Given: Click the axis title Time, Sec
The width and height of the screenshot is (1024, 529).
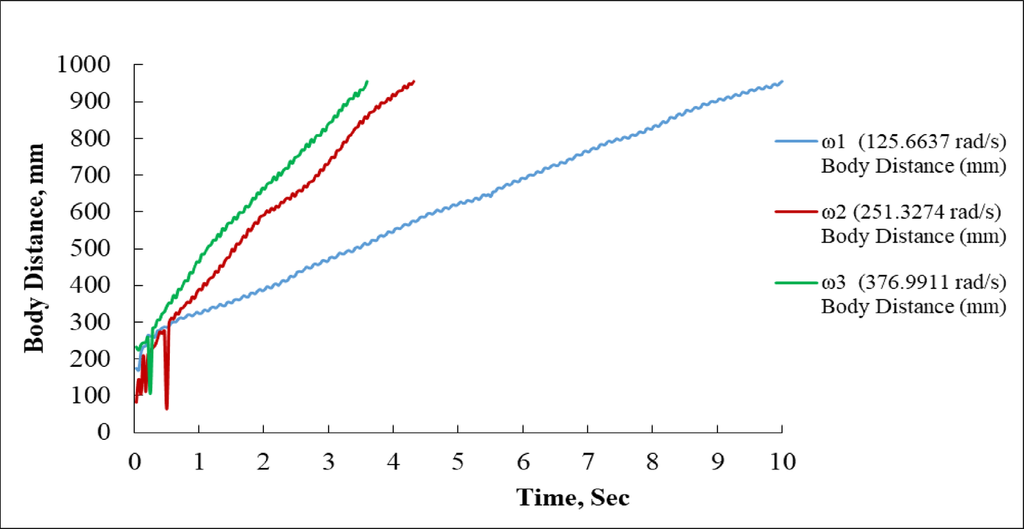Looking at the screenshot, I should (573, 497).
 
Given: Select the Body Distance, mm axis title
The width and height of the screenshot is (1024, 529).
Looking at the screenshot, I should (34, 248).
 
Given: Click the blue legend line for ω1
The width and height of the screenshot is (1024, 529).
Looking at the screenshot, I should (794, 141).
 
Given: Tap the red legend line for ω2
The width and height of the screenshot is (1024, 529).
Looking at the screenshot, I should (794, 211).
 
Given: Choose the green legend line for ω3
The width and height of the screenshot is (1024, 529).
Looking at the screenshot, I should (794, 282).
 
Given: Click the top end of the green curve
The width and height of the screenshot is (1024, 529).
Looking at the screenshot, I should (367, 81).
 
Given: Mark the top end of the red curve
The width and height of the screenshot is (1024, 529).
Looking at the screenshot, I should (414, 81).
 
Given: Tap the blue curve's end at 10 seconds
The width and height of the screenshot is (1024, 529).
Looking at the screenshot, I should (782, 81).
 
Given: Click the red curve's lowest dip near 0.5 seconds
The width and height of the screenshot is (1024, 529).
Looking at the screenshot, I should (167, 408).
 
